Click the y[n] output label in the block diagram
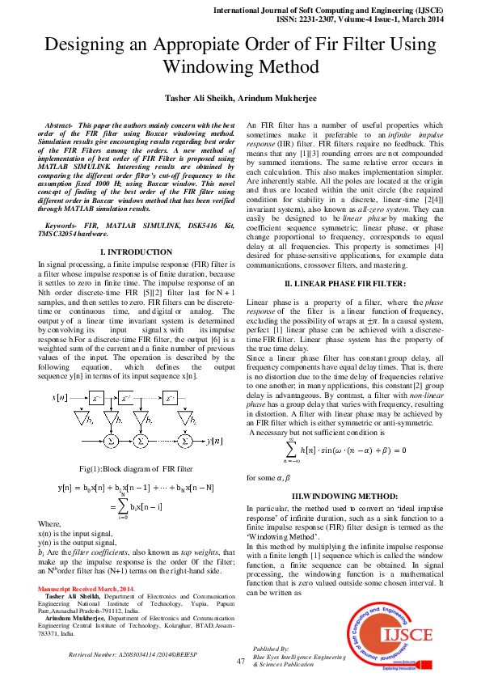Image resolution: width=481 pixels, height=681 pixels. [x=214, y=441]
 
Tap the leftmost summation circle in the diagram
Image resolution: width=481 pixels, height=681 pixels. [x=110, y=442]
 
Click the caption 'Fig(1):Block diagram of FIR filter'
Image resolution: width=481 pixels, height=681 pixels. [x=136, y=469]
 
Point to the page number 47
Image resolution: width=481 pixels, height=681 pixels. [x=240, y=661]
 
